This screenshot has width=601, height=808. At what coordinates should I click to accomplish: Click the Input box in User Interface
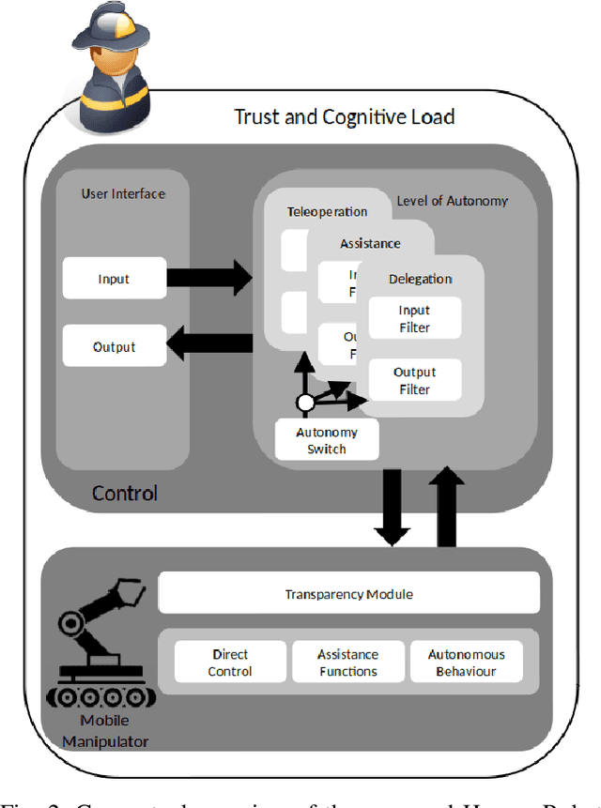tap(114, 278)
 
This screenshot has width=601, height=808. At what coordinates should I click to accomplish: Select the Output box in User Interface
tap(114, 346)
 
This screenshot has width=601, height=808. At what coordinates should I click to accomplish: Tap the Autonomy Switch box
tap(327, 440)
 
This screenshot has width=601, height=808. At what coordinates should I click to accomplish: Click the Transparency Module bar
tap(348, 594)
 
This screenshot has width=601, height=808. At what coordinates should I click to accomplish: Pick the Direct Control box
tap(230, 663)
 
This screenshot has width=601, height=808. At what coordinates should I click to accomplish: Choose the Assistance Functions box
tap(347, 663)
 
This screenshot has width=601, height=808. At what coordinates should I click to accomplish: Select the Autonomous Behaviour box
tap(466, 663)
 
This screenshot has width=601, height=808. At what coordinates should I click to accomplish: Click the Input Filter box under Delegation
tap(414, 319)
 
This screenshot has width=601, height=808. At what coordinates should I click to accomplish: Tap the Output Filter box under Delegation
tap(414, 381)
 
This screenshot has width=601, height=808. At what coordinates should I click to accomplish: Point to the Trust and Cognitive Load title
tap(344, 116)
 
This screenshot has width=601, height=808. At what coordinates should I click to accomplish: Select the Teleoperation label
tap(327, 212)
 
